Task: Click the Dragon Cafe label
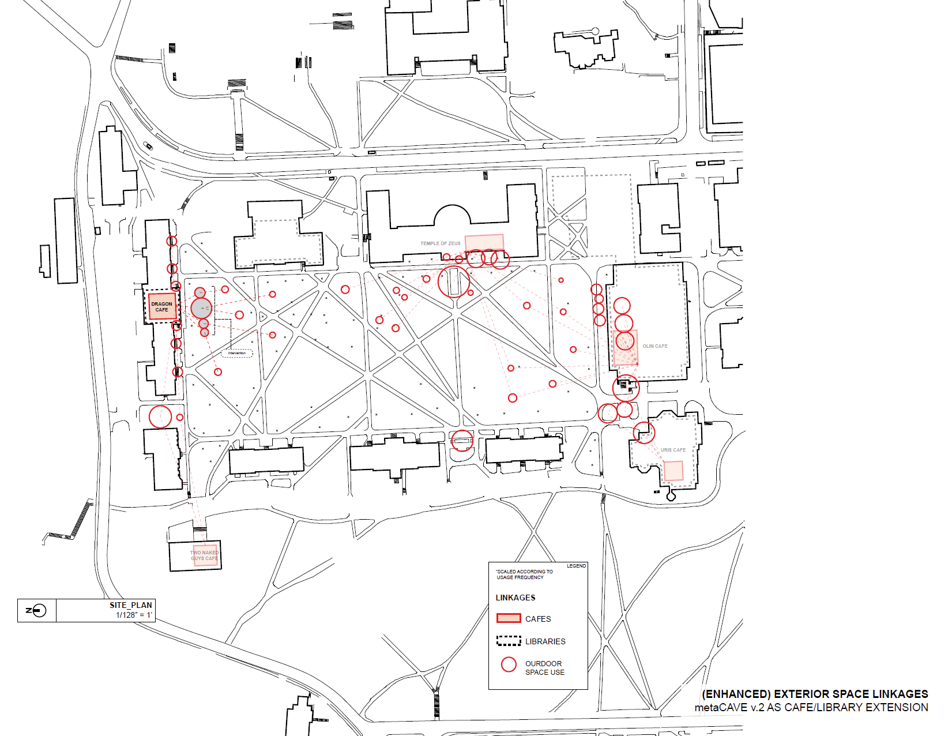pyautogui.click(x=161, y=307)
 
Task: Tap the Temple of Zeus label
pyautogui.click(x=440, y=243)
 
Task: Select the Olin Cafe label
pyautogui.click(x=655, y=346)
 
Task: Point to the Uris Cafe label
pyautogui.click(x=673, y=450)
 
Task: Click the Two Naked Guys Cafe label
pyautogui.click(x=205, y=555)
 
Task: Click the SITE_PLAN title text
pyautogui.click(x=131, y=605)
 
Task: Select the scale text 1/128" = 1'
pyautogui.click(x=134, y=615)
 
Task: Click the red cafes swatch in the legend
pyautogui.click(x=509, y=618)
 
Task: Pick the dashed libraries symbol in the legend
pyautogui.click(x=509, y=641)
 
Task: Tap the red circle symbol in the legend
pyautogui.click(x=509, y=664)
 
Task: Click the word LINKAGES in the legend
pyautogui.click(x=515, y=598)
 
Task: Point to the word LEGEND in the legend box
pyautogui.click(x=576, y=566)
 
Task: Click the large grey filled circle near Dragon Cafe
pyautogui.click(x=201, y=308)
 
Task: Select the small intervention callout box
pyautogui.click(x=237, y=353)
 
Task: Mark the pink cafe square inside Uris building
pyautogui.click(x=673, y=471)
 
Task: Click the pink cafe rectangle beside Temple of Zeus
pyautogui.click(x=484, y=242)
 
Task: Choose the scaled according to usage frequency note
pyautogui.click(x=524, y=574)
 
